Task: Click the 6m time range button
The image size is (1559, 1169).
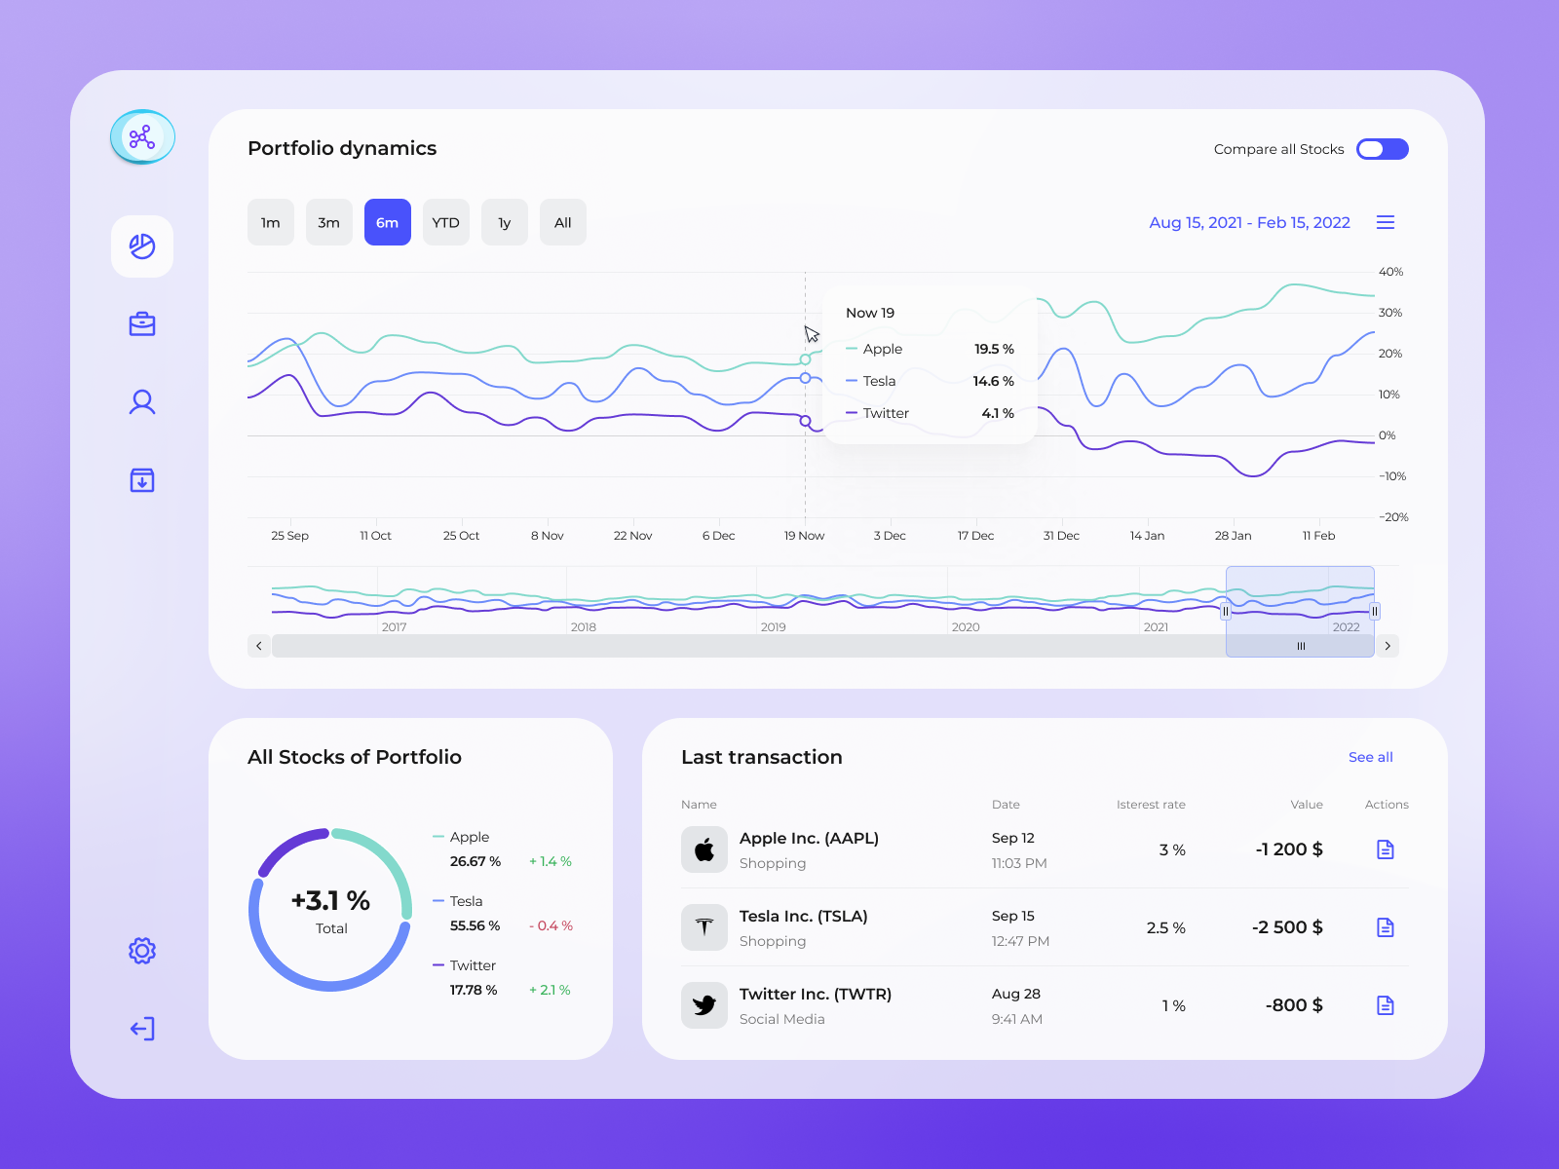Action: click(x=387, y=222)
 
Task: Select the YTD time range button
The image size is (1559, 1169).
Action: click(x=445, y=222)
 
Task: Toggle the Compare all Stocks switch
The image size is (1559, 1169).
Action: click(x=1382, y=149)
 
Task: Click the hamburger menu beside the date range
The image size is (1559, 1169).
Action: click(x=1385, y=222)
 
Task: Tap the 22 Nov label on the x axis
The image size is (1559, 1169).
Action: click(x=632, y=536)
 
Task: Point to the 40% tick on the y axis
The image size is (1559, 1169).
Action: click(x=1390, y=272)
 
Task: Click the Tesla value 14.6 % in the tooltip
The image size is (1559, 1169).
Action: click(x=993, y=381)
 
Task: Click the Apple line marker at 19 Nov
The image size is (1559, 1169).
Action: click(x=805, y=359)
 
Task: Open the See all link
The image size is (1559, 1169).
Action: click(x=1370, y=757)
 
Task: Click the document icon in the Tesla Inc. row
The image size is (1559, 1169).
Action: click(x=1385, y=927)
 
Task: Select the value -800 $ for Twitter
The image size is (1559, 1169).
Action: click(x=1293, y=1005)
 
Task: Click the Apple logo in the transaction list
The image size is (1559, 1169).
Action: click(x=703, y=849)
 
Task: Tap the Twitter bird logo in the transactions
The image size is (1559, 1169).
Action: click(x=703, y=1005)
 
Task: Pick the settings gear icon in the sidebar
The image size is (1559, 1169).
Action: click(x=142, y=951)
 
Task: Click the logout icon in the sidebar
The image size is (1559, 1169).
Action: click(x=142, y=1029)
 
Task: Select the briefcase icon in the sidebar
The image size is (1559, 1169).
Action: click(x=142, y=324)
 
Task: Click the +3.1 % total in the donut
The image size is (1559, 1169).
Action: click(x=330, y=900)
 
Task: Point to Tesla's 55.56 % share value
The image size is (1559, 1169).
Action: click(x=475, y=925)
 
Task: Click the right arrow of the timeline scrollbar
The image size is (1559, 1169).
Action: click(x=1388, y=646)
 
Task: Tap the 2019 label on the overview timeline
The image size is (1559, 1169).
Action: click(x=773, y=627)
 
